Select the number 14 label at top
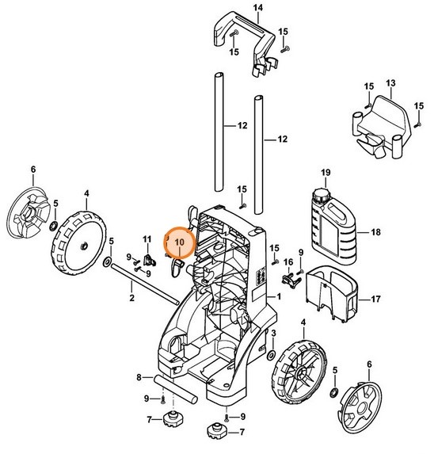234,8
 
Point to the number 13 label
390,82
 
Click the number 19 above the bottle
324,173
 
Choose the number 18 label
376,233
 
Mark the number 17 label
376,301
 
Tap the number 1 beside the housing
278,296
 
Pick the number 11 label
147,238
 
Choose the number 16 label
288,262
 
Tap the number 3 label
274,333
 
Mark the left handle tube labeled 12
219,131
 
